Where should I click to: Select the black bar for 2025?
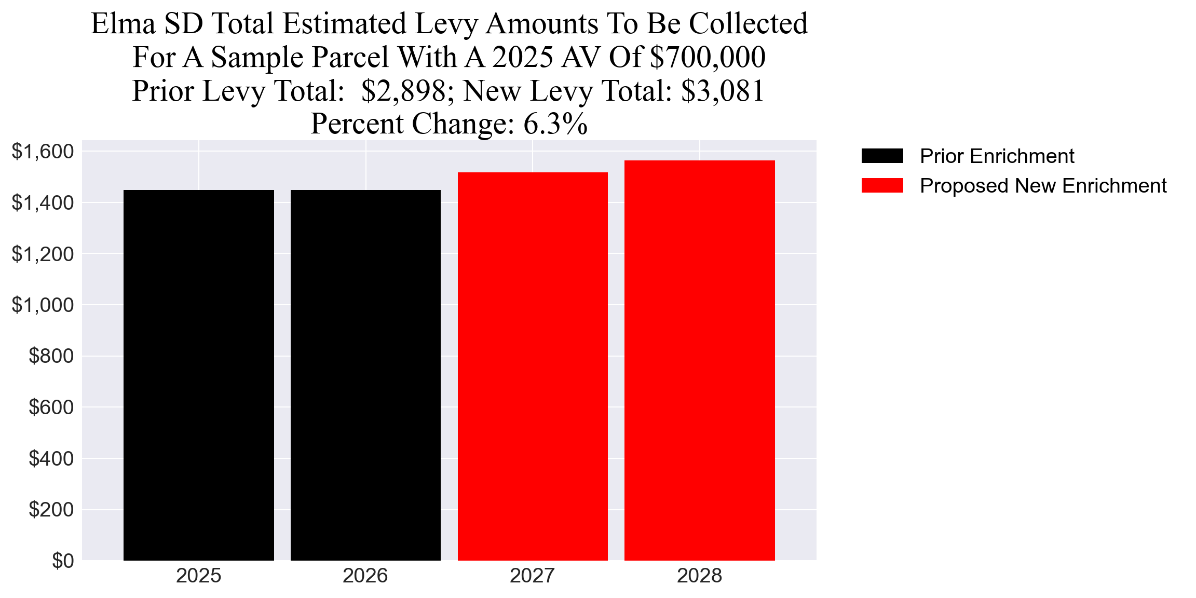pyautogui.click(x=199, y=375)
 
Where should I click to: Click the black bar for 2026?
pyautogui.click(x=365, y=375)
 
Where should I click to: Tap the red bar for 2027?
pyautogui.click(x=533, y=366)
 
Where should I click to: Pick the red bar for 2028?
pyautogui.click(x=699, y=360)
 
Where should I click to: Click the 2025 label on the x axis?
pyautogui.click(x=199, y=576)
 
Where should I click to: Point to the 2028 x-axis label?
pyautogui.click(x=699, y=576)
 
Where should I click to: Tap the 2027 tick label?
pyautogui.click(x=533, y=576)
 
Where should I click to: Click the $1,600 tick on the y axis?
pyautogui.click(x=43, y=152)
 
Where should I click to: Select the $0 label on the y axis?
pyautogui.click(x=63, y=561)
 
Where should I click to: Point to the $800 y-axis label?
pyautogui.click(x=51, y=356)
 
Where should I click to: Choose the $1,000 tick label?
pyautogui.click(x=43, y=305)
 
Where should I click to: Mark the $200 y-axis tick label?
pyautogui.click(x=51, y=510)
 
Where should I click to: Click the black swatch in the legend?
pyautogui.click(x=882, y=156)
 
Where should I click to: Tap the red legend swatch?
pyautogui.click(x=882, y=185)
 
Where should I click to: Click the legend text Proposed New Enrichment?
pyautogui.click(x=1043, y=186)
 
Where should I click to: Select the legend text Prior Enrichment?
pyautogui.click(x=997, y=156)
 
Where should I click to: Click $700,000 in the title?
pyautogui.click(x=708, y=57)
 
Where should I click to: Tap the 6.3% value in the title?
pyautogui.click(x=555, y=124)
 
